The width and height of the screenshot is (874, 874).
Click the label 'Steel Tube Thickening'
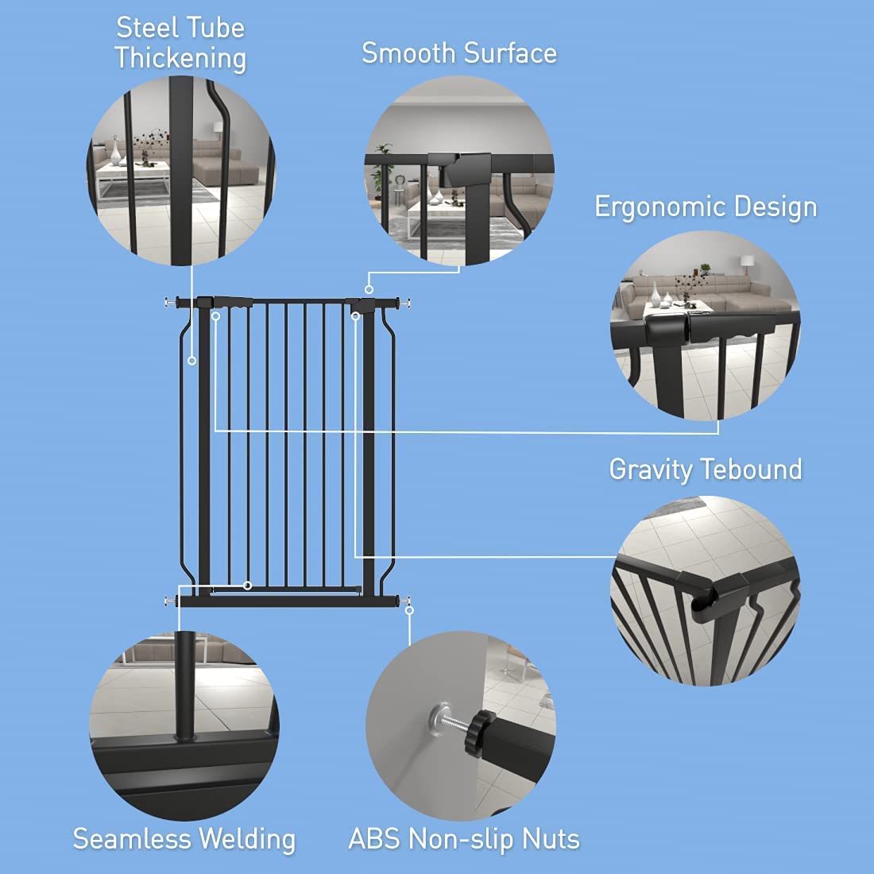click(180, 43)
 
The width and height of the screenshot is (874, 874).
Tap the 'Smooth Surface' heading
click(459, 53)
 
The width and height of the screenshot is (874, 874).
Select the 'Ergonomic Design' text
click(706, 207)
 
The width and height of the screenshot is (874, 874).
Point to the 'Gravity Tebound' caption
click(706, 469)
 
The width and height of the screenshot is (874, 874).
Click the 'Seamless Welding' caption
click(184, 839)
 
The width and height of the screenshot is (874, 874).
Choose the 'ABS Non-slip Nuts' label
click(464, 839)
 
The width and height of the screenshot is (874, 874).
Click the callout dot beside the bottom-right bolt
click(410, 610)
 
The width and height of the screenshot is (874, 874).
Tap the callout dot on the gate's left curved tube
click(191, 360)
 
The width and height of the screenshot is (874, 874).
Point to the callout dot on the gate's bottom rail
click(248, 586)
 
